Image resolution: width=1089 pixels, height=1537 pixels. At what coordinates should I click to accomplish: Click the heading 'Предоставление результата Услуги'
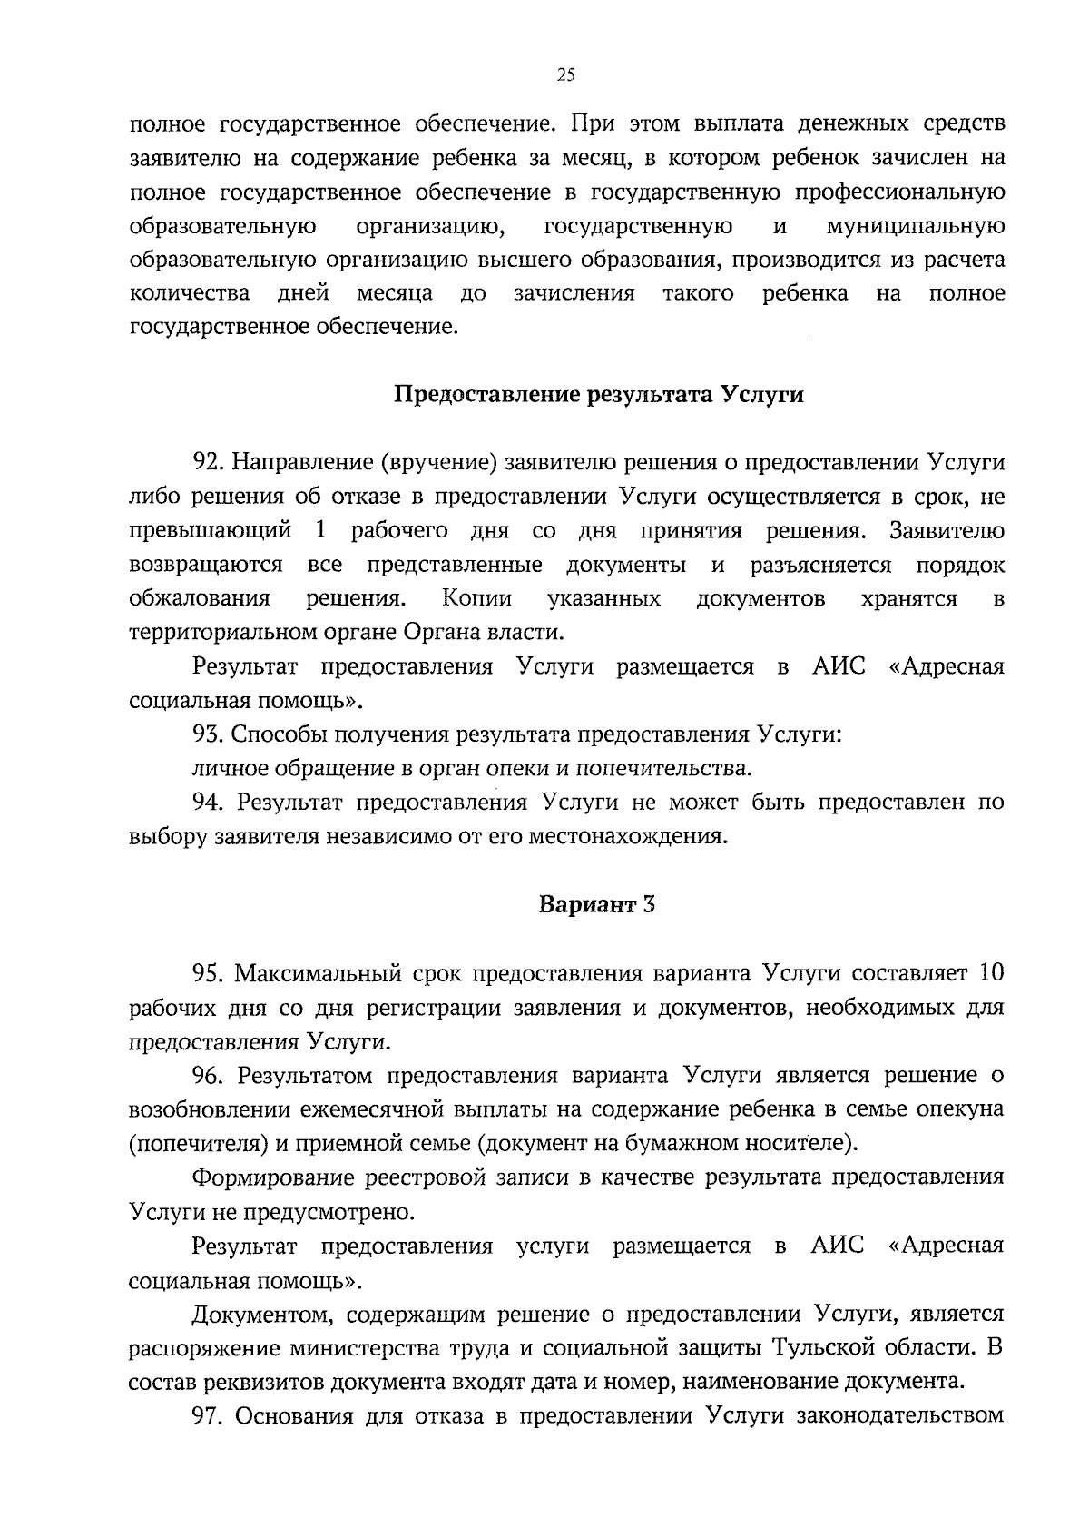[x=599, y=395]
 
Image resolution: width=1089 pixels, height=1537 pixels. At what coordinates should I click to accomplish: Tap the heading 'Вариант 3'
[x=597, y=905]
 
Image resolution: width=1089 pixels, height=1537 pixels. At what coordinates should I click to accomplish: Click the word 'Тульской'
[x=819, y=1347]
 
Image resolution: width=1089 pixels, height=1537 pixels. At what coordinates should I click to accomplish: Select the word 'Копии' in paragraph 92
[x=477, y=599]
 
